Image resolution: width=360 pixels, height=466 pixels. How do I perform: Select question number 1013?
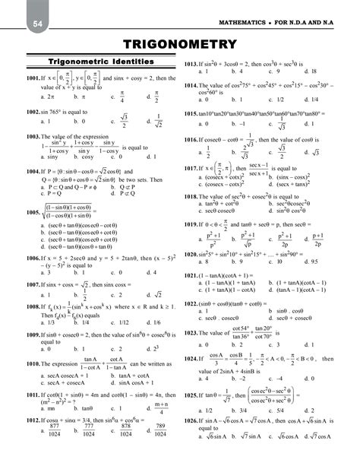(194, 65)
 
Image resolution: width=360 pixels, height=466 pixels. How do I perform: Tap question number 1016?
(194, 141)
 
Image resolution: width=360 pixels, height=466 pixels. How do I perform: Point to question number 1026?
(194, 441)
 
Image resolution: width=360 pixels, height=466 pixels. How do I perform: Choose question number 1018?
(194, 196)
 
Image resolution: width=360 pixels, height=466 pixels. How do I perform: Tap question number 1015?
(194, 113)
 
